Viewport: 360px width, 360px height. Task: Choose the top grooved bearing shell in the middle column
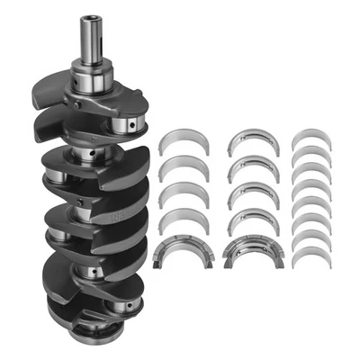pos(250,140)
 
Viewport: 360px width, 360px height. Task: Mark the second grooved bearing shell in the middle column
pos(250,168)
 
